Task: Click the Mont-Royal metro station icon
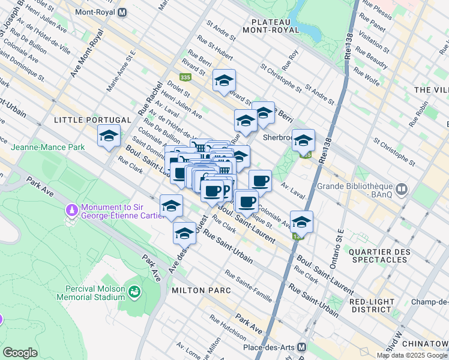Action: [x=122, y=12]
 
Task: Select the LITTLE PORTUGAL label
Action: [x=84, y=120]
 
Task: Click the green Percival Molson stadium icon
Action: [x=135, y=292]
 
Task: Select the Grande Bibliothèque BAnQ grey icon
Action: [x=402, y=190]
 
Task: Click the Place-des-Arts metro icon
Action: [x=302, y=347]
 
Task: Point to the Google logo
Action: [x=20, y=353]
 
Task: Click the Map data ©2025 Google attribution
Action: [x=412, y=355]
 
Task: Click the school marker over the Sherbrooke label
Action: [x=303, y=140]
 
